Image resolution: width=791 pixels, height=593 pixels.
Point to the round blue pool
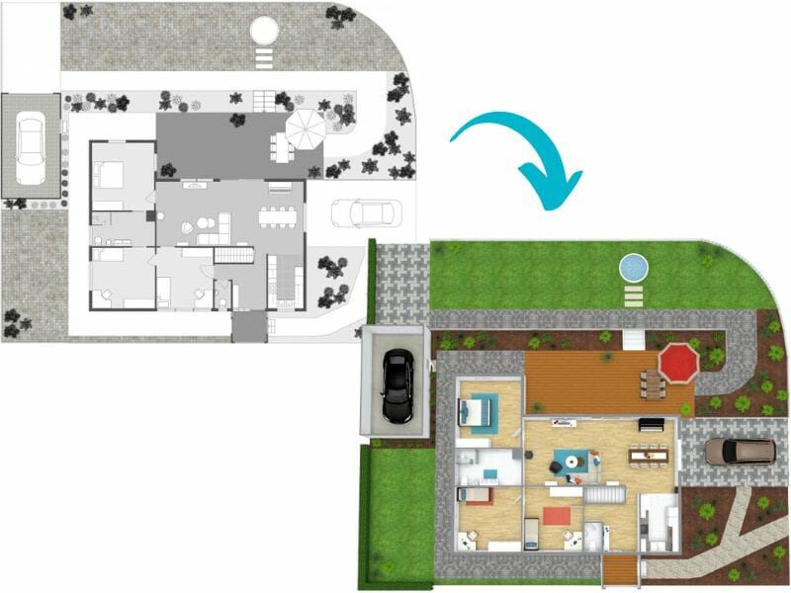point(633,266)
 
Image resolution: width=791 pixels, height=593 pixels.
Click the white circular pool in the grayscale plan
point(264,32)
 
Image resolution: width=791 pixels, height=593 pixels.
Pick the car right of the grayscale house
point(360,212)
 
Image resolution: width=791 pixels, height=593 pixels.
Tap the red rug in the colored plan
point(556,515)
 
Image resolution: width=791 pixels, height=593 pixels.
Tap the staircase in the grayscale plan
point(235,255)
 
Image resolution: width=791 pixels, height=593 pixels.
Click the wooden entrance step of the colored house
point(620,569)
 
